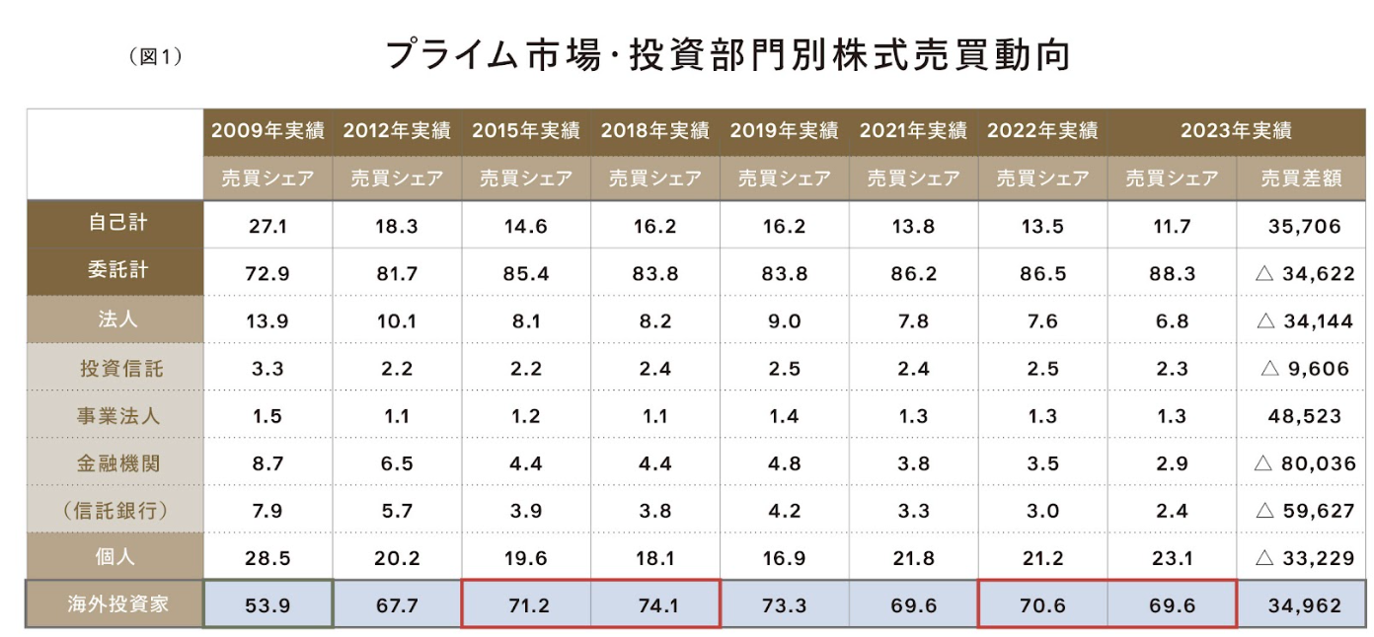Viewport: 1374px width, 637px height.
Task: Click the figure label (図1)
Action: pyautogui.click(x=156, y=57)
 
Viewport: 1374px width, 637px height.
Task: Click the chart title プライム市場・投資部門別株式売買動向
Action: pyautogui.click(x=727, y=55)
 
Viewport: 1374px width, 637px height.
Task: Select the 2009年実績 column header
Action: pyautogui.click(x=267, y=130)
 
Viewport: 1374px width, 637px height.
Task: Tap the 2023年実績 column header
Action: pyautogui.click(x=1236, y=130)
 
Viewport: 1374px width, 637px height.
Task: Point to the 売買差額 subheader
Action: pyautogui.click(x=1301, y=178)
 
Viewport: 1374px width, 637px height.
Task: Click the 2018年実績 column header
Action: pyautogui.click(x=655, y=130)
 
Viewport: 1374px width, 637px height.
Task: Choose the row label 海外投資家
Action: pyautogui.click(x=114, y=603)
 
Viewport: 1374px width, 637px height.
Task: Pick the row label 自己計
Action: pyautogui.click(x=114, y=224)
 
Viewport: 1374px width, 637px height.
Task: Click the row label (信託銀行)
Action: pyautogui.click(x=114, y=510)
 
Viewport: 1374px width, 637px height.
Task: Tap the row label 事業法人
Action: pyautogui.click(x=114, y=415)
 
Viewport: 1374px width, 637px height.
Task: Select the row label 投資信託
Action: pyautogui.click(x=114, y=368)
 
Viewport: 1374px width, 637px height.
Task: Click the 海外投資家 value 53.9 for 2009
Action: pyautogui.click(x=267, y=604)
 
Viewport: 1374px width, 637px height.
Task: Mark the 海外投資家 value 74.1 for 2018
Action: pyautogui.click(x=655, y=604)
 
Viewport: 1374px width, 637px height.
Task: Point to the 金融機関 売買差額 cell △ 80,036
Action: pyautogui.click(x=1303, y=463)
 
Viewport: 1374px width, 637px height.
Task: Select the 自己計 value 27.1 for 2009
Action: pyautogui.click(x=267, y=226)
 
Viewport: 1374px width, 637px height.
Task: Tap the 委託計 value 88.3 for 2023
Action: pyautogui.click(x=1172, y=273)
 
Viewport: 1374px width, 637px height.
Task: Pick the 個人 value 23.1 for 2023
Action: pyautogui.click(x=1172, y=558)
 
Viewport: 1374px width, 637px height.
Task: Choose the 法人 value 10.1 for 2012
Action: pyautogui.click(x=397, y=321)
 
